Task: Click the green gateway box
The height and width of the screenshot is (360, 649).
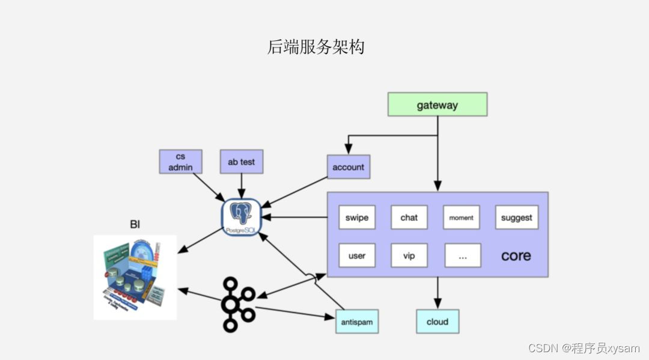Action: click(437, 105)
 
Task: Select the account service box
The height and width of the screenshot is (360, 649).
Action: click(348, 167)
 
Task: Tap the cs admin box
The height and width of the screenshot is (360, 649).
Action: click(180, 162)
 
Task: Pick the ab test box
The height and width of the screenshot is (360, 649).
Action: click(241, 162)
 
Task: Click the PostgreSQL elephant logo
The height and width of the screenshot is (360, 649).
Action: click(241, 217)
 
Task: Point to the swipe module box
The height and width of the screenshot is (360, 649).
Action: click(357, 218)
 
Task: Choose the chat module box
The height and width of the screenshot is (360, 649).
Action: click(409, 218)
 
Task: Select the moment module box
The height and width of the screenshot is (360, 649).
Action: click(461, 218)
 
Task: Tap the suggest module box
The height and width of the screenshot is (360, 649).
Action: click(516, 218)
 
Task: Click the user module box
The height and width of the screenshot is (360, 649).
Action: click(357, 255)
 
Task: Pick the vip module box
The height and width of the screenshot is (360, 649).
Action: click(409, 255)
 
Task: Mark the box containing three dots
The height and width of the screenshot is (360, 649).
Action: click(463, 255)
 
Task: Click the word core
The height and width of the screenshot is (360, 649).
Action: click(516, 256)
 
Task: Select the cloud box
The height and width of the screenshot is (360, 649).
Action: click(437, 322)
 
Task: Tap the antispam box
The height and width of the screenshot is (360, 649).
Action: click(357, 322)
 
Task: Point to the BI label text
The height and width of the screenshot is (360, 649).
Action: click(135, 225)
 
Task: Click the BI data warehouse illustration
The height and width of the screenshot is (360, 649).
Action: click(135, 277)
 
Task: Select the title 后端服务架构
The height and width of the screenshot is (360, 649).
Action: click(315, 47)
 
